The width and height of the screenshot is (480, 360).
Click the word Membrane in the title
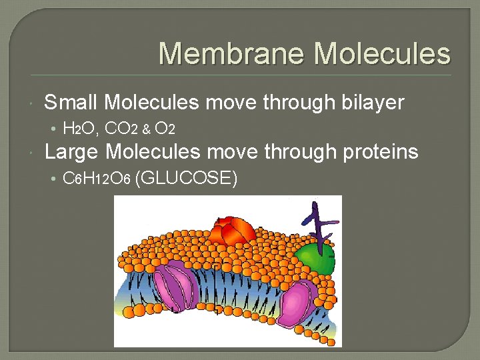coord(231,54)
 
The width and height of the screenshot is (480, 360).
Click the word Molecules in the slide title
coord(382,54)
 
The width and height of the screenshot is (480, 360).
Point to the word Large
coord(72,152)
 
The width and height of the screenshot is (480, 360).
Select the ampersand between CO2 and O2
coord(146,129)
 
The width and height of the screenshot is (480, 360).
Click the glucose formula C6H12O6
coord(96,179)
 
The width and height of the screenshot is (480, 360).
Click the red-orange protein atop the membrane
coord(231,230)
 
